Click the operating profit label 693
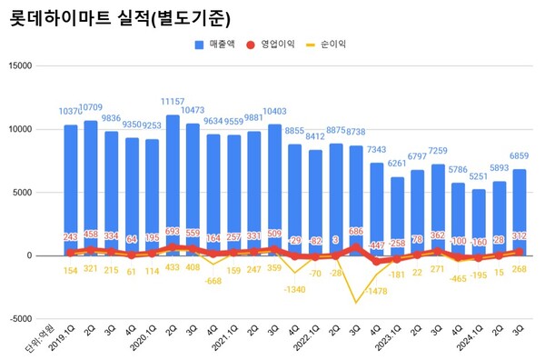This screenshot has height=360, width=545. (x=171, y=233)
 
